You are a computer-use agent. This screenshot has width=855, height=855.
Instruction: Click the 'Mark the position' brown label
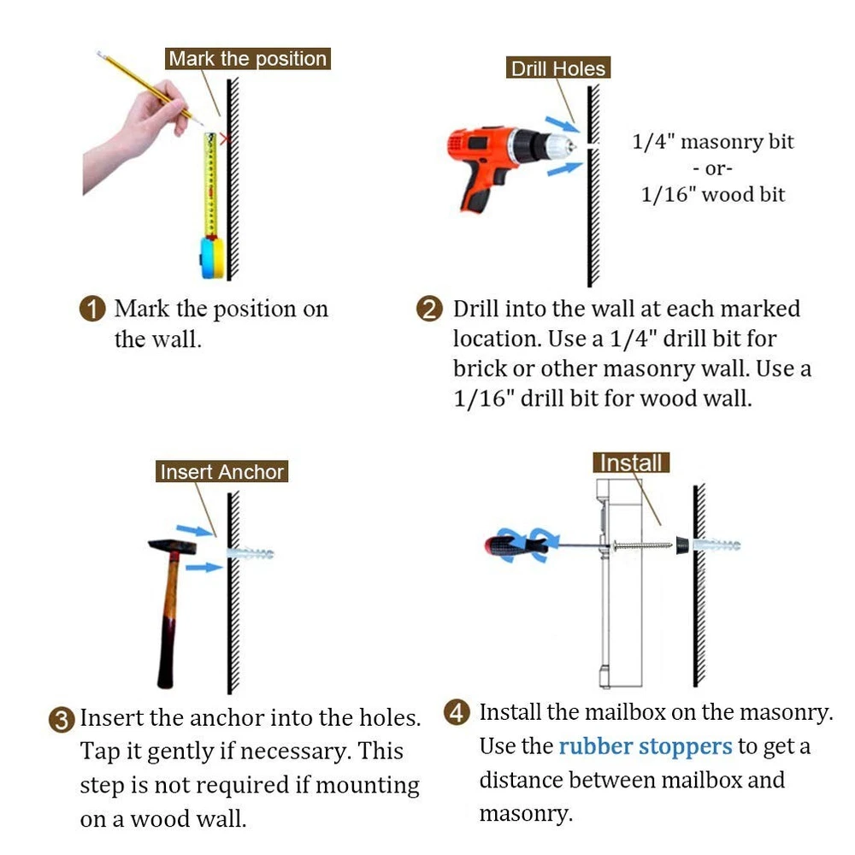click(x=248, y=58)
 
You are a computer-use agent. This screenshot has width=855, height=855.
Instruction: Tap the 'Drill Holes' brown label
click(x=557, y=68)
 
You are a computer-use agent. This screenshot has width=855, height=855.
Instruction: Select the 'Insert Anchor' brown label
click(x=222, y=471)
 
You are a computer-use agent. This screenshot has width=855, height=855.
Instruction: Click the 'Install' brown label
click(x=631, y=463)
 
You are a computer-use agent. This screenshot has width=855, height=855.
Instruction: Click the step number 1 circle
click(x=92, y=309)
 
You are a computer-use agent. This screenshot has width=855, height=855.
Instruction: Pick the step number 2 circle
click(x=430, y=309)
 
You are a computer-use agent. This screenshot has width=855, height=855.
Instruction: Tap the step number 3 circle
click(x=61, y=720)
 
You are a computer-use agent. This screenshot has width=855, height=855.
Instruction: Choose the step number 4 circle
click(x=457, y=712)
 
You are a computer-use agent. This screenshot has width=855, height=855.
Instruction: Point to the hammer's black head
click(x=173, y=546)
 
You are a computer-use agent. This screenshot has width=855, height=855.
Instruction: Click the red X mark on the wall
click(x=224, y=139)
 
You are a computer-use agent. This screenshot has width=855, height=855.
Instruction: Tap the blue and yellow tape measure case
click(x=211, y=256)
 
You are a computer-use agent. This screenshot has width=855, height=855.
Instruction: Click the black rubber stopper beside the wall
click(x=681, y=545)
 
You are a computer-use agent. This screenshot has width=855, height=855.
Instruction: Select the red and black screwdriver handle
click(x=516, y=546)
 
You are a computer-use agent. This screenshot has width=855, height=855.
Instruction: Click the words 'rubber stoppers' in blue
click(x=646, y=746)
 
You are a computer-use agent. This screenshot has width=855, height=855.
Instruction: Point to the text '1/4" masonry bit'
click(x=713, y=142)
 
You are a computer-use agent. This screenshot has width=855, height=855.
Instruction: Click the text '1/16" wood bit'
click(x=713, y=195)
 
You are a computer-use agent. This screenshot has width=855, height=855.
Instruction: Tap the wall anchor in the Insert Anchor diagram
click(x=251, y=553)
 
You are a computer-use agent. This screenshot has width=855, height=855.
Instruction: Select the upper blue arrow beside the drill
click(x=563, y=124)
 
